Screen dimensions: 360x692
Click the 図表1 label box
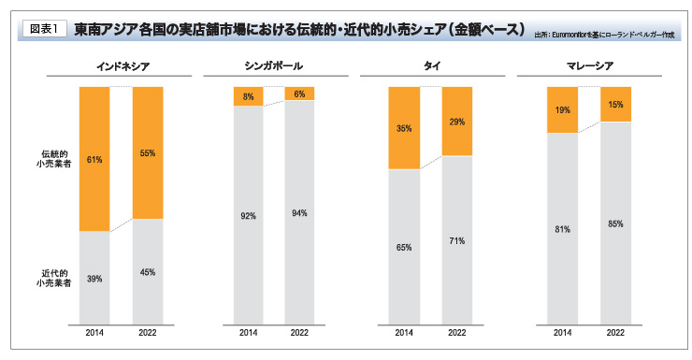40,28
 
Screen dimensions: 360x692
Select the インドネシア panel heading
121,67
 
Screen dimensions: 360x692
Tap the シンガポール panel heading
274,67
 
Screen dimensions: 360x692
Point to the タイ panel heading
430,67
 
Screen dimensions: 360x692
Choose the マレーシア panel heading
585,67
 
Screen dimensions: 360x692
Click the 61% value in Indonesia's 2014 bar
94,160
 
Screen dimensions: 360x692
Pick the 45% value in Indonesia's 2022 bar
147,272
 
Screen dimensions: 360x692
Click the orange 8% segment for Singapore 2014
249,95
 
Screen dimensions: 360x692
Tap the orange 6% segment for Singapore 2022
300,94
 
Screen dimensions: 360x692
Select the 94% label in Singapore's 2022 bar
300,213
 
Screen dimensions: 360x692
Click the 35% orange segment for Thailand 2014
404,128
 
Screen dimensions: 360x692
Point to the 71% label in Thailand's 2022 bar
456,240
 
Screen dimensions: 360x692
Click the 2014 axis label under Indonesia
94,332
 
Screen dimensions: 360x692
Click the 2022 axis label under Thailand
456,332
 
